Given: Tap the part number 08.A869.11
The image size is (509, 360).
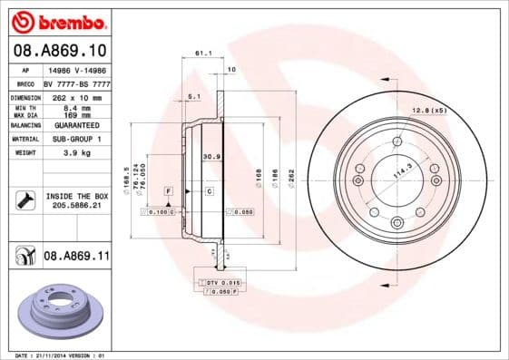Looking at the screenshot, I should [76, 257].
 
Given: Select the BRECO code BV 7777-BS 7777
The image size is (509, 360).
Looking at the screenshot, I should [76, 83].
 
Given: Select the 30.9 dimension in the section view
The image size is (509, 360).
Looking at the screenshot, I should [212, 157].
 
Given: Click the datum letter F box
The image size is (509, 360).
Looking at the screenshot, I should [168, 191].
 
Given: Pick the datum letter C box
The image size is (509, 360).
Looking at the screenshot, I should [208, 191].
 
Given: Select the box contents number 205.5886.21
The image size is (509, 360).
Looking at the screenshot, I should [76, 206].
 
